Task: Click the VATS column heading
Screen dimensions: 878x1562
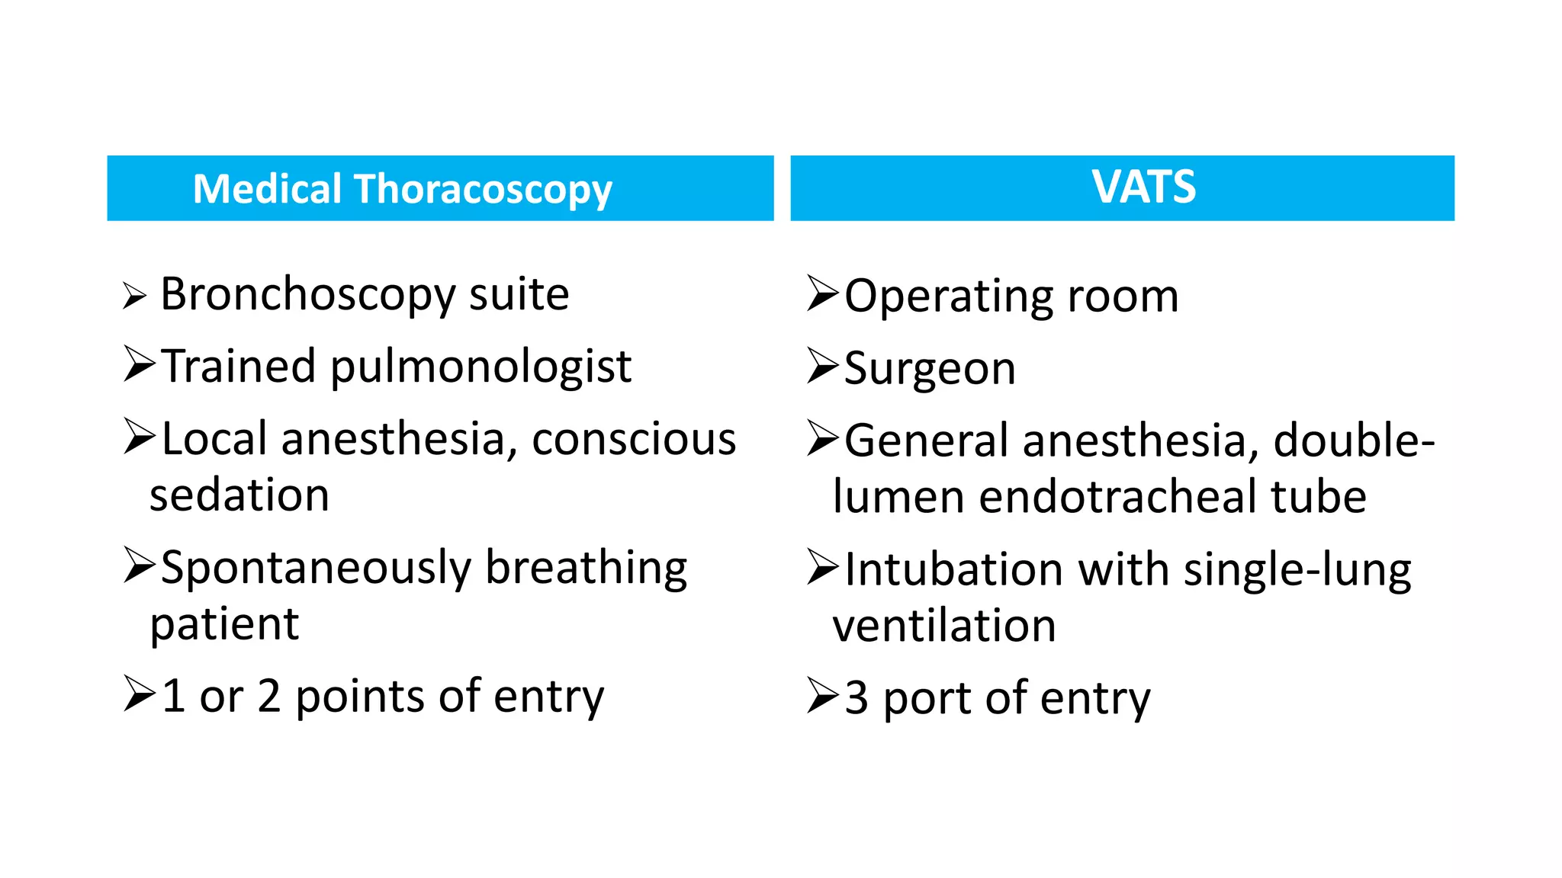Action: coord(1143,187)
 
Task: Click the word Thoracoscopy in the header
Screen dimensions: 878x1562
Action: coord(484,190)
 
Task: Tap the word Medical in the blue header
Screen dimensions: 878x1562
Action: coord(267,189)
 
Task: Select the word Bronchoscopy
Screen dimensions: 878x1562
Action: coord(308,295)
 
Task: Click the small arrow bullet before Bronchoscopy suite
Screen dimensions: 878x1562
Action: coord(133,296)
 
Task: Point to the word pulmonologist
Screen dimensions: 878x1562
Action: coord(480,367)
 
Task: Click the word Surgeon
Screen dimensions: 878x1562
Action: coord(930,370)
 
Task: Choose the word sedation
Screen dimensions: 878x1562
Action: coord(239,495)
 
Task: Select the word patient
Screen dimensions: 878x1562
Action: coord(224,625)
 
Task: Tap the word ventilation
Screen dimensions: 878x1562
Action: coord(943,626)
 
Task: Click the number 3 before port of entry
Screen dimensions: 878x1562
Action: coord(857,698)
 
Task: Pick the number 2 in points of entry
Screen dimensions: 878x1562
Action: coord(269,697)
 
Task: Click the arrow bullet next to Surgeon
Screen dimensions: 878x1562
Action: coord(823,367)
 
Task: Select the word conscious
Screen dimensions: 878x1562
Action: coord(634,440)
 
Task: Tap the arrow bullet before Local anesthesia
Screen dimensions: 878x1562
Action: coord(140,437)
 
